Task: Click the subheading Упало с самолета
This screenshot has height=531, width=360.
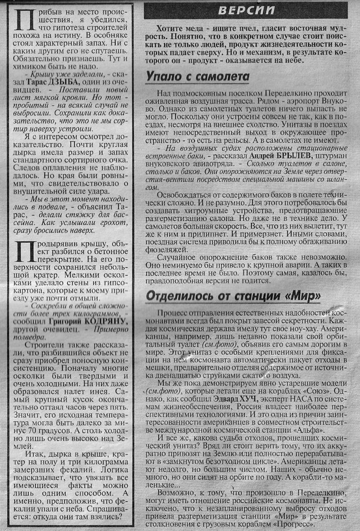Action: pyautogui.click(x=198, y=76)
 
